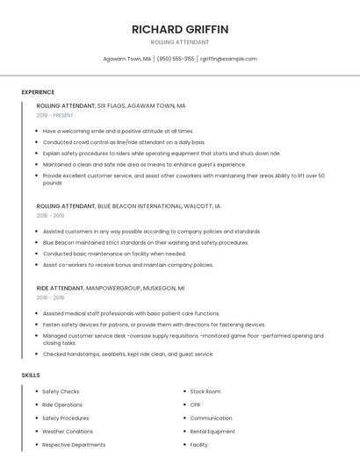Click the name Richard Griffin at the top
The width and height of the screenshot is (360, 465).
[x=180, y=29]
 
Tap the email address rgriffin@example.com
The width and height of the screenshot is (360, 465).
[x=228, y=59]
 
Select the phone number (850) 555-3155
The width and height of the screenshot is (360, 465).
[x=176, y=59]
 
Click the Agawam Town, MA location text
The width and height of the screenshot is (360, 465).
[x=127, y=59]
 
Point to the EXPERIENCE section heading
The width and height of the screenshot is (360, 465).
[x=38, y=92]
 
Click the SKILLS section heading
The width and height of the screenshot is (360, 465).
[x=31, y=375]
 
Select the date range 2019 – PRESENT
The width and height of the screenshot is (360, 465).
[x=55, y=115]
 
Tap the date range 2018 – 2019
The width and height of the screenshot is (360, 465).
[x=50, y=215]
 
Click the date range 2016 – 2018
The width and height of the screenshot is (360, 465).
[x=50, y=297]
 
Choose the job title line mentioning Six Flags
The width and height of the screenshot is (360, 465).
[x=112, y=105]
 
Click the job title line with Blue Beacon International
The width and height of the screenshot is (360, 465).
[x=129, y=205]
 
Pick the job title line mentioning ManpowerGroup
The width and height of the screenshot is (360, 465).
[x=111, y=288]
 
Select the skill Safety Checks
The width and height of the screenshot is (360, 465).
[x=61, y=391]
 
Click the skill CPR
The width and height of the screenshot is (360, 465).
[x=195, y=404]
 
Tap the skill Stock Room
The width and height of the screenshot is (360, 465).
[x=205, y=391]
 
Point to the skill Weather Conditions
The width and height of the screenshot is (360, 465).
[x=68, y=432]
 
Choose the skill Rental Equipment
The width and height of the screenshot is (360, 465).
[x=212, y=432]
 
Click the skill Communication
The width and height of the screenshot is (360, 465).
[x=211, y=418]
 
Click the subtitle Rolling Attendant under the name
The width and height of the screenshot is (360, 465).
[x=180, y=42]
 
